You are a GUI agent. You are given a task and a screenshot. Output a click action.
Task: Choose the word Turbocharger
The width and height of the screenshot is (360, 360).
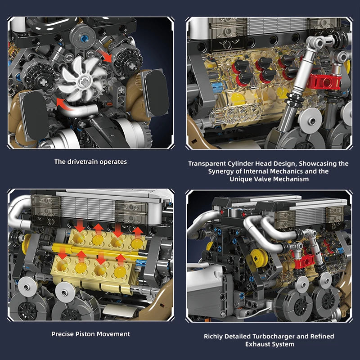point(274,336)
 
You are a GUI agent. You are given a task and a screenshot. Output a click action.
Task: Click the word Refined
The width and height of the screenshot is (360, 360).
point(320,336)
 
